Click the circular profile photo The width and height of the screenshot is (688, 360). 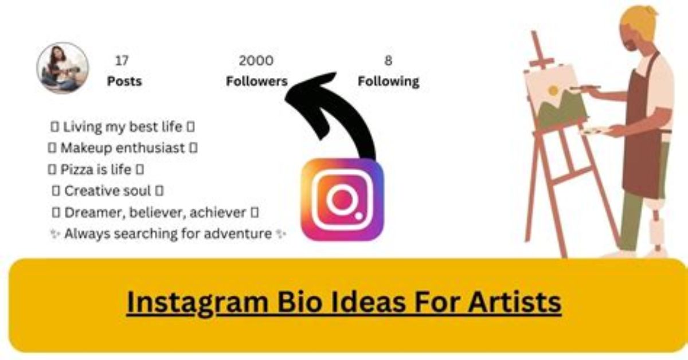[x=62, y=68]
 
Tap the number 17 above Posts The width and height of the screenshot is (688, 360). [x=122, y=61]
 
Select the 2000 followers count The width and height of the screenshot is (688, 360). [x=256, y=61]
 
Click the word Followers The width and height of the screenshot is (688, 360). [x=256, y=81]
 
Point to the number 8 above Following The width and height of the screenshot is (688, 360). [x=388, y=61]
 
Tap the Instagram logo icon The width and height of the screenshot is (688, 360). [x=342, y=199]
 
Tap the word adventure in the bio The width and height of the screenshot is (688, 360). [x=238, y=234]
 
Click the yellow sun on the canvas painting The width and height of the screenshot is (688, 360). [x=553, y=91]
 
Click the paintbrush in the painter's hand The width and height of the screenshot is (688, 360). [x=585, y=88]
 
